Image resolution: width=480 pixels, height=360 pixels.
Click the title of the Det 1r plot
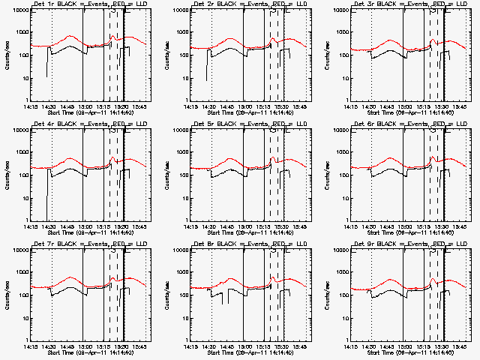click(88, 4)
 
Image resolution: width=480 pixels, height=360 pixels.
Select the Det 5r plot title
click(248, 124)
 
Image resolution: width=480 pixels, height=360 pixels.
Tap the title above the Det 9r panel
click(408, 244)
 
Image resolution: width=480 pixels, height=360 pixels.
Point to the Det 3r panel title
click(408, 4)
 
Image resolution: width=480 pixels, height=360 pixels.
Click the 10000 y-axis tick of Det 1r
click(18, 10)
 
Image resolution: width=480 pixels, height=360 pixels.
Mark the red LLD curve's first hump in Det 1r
click(70, 36)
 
